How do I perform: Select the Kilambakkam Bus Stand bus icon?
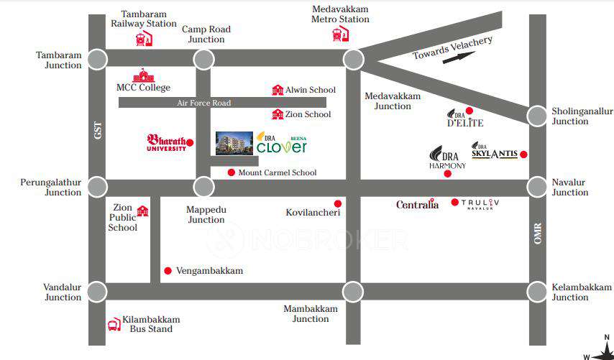pos(114,325)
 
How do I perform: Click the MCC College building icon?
pos(143,75)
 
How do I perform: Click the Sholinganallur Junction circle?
pos(537,116)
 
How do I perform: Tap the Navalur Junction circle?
pos(537,188)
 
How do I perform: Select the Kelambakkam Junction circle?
pos(537,292)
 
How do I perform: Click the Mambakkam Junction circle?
pos(352,292)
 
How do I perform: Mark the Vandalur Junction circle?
pos(97,292)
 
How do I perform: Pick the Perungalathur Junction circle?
pos(97,188)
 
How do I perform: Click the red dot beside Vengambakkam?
pos(168,271)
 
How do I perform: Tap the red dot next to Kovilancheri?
pos(337,203)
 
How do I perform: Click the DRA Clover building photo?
pos(234,144)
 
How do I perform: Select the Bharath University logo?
pos(168,142)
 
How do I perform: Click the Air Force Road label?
pos(204,103)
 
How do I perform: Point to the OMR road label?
pos(537,234)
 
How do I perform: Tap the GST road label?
pos(97,130)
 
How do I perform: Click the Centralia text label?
pos(417,205)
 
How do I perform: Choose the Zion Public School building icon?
pos(142,211)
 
